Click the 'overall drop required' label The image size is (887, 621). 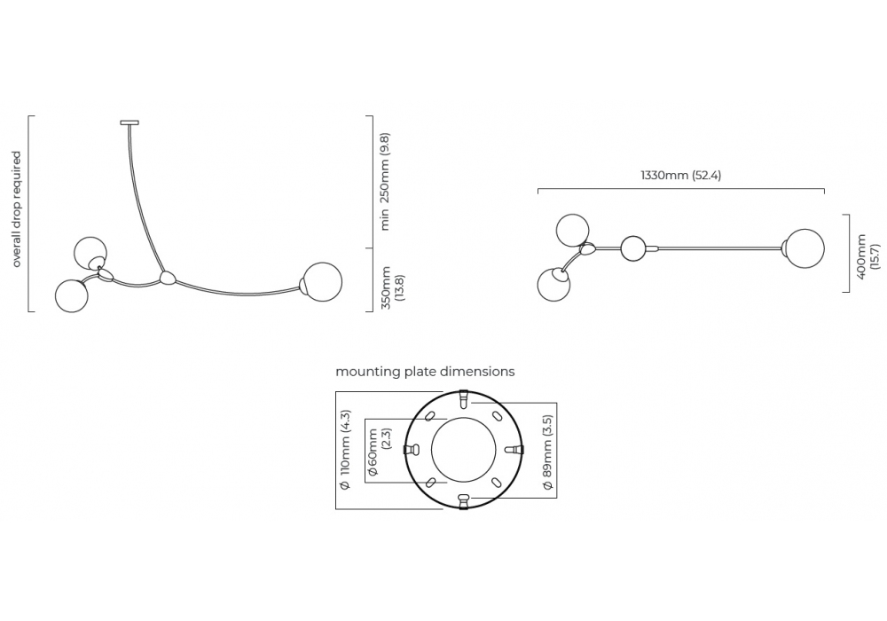(x=16, y=209)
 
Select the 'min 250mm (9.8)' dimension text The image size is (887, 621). (x=385, y=182)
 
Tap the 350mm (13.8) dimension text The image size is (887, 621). (x=393, y=287)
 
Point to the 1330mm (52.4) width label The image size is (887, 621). (x=680, y=176)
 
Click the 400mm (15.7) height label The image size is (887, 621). (x=868, y=255)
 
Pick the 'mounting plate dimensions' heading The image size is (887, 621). (x=426, y=372)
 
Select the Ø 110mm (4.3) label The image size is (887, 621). (x=345, y=450)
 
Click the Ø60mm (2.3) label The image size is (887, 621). (x=379, y=451)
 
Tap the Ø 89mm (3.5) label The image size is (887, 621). (x=547, y=452)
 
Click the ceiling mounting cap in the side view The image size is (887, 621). (x=130, y=122)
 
